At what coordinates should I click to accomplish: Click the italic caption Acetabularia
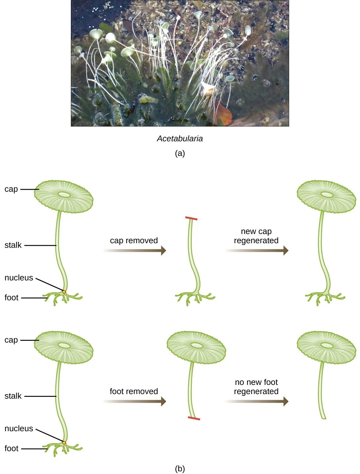click(180, 138)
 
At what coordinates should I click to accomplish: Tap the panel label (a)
click(180, 153)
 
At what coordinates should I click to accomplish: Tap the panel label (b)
click(180, 468)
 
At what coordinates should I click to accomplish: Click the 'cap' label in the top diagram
click(11, 189)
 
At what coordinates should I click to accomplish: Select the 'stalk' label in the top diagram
click(13, 245)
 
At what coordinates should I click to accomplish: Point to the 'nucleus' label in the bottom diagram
click(19, 428)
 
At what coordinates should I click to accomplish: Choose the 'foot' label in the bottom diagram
click(11, 448)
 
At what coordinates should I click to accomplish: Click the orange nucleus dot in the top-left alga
click(64, 292)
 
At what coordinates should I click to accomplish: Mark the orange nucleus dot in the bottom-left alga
click(64, 443)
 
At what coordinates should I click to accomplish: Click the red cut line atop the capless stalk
click(191, 218)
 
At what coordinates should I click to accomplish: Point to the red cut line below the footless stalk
click(194, 418)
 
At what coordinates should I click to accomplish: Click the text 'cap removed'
click(134, 240)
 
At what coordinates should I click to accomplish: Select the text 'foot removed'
click(134, 391)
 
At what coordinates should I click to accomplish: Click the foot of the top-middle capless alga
click(195, 297)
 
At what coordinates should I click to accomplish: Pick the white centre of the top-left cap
click(64, 194)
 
